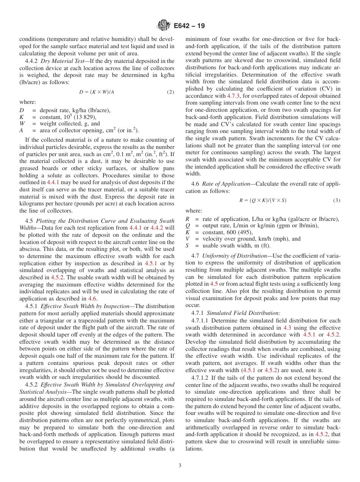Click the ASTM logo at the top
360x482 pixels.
coord(164,25)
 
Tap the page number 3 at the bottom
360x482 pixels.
coord(180,465)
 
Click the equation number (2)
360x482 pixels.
coord(171,92)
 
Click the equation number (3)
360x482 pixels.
coord(337,200)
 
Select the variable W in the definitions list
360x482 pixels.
coord(22,124)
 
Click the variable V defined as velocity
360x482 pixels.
coord(188,239)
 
